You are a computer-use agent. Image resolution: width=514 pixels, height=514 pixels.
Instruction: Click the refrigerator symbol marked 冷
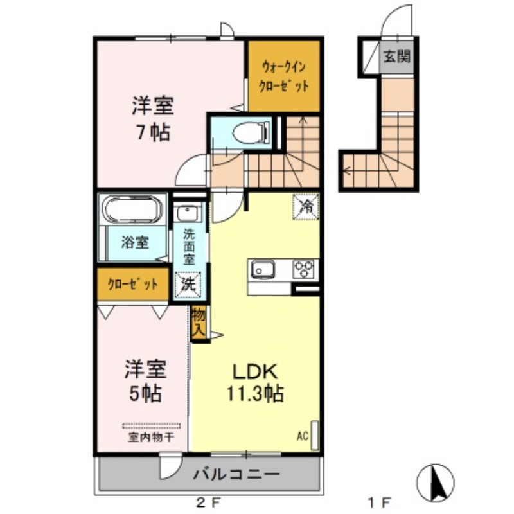click(306, 206)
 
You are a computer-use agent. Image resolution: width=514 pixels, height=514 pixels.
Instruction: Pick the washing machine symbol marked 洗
click(188, 284)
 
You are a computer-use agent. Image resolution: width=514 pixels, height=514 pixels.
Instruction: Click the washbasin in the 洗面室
click(189, 212)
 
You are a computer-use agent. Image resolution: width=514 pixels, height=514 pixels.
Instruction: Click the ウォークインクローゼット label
click(283, 76)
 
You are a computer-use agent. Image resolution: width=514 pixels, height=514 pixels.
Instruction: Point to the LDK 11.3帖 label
click(254, 382)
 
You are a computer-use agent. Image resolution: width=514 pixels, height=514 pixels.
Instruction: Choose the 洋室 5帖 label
click(145, 380)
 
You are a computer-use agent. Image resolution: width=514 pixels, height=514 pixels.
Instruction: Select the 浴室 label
click(134, 243)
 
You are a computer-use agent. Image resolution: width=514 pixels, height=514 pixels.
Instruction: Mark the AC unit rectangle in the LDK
click(314, 431)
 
